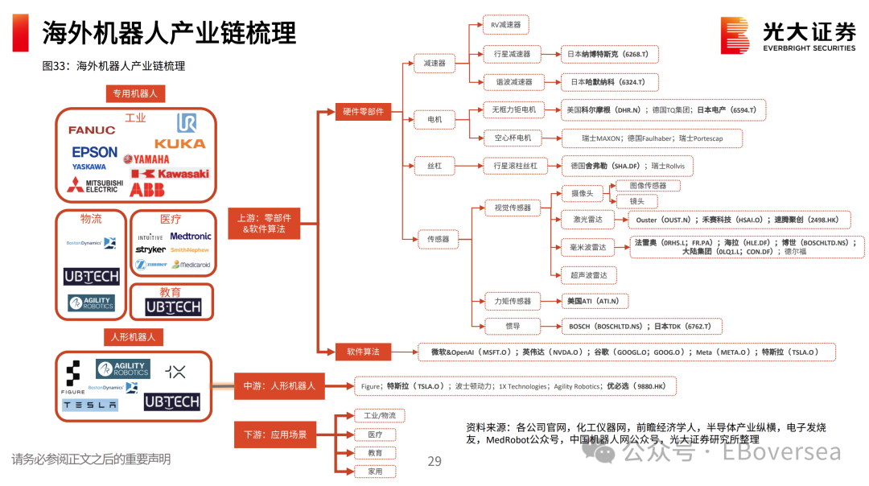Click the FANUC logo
[x=92, y=130]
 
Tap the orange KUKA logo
[x=179, y=144]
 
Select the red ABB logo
[x=147, y=190]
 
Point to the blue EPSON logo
[x=94, y=151]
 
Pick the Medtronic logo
[x=191, y=237]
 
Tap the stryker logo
[x=150, y=250]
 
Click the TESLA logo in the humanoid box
[x=90, y=405]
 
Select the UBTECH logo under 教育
[x=173, y=307]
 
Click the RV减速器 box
[x=506, y=26]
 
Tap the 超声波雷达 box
[x=589, y=275]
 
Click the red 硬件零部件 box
[x=363, y=112]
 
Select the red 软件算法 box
[x=363, y=352]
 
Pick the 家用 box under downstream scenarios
[x=376, y=471]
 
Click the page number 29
[x=434, y=461]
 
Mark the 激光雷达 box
[x=587, y=219]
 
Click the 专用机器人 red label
[x=135, y=94]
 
